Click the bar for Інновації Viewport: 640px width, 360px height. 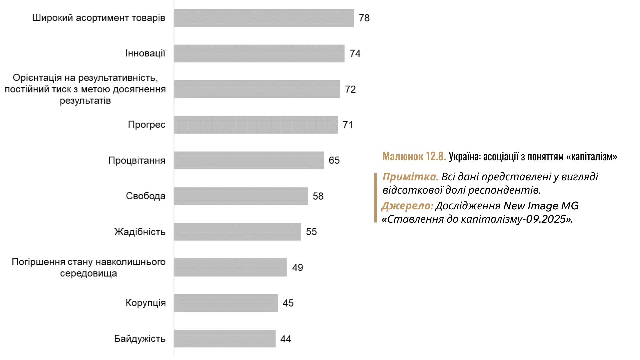click(259, 53)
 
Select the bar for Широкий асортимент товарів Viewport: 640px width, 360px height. click(264, 18)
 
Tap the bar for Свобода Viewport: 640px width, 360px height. click(241, 196)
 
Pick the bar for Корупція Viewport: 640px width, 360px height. click(226, 303)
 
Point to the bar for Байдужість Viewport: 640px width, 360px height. click(225, 339)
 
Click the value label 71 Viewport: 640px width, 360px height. click(348, 125)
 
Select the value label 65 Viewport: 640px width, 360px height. click(334, 160)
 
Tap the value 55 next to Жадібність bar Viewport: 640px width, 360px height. click(311, 232)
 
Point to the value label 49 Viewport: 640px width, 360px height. click(297, 267)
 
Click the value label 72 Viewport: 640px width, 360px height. click(350, 89)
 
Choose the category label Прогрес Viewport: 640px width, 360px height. click(147, 125)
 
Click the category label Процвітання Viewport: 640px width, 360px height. click(137, 160)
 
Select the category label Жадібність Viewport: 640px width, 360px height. click(140, 232)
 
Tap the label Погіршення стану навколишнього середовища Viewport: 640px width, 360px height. click(89, 267)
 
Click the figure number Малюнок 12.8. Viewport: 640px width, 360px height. click(414, 156)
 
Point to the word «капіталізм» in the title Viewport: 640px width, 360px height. click(592, 156)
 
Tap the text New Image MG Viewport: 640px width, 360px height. click(541, 206)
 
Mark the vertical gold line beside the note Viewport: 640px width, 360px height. click(376, 198)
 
